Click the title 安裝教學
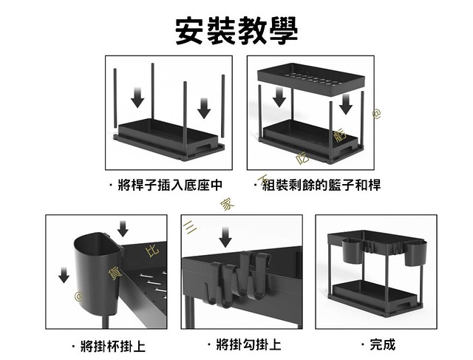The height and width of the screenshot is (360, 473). pyautogui.click(x=236, y=30)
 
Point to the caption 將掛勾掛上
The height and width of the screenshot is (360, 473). pyautogui.click(x=243, y=345)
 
